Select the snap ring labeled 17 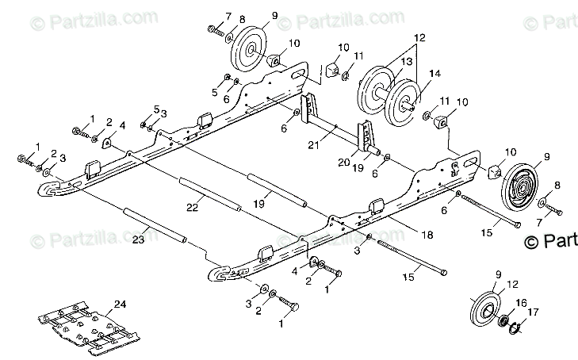point(513,325)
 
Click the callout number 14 point(434,73)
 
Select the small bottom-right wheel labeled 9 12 point(484,304)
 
